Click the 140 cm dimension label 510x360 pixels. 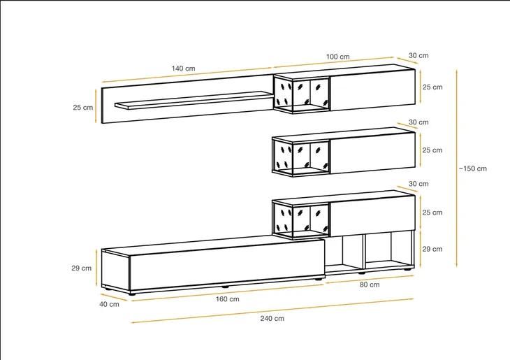coord(184,69)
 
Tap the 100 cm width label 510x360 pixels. coord(338,57)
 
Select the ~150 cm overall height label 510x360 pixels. coord(473,168)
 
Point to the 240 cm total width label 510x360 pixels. coord(272,318)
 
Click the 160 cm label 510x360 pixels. coord(227,299)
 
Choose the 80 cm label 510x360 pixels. coord(370,285)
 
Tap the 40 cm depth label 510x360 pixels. coord(109,304)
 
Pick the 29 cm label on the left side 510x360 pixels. coord(82,268)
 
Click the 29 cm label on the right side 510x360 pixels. coord(432,249)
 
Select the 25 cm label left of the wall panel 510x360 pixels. coord(83,108)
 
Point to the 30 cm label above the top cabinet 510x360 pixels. coord(418,55)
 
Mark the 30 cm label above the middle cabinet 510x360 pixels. coord(418,122)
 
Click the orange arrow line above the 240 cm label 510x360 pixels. coord(272,310)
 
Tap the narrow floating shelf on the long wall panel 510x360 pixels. coord(194,99)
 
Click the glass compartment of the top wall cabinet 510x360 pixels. coord(302,94)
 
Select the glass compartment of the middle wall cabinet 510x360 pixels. coord(302,157)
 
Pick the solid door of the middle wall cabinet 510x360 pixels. coord(373,153)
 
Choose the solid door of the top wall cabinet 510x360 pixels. coord(373,90)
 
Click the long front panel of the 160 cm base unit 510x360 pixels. coord(227,265)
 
